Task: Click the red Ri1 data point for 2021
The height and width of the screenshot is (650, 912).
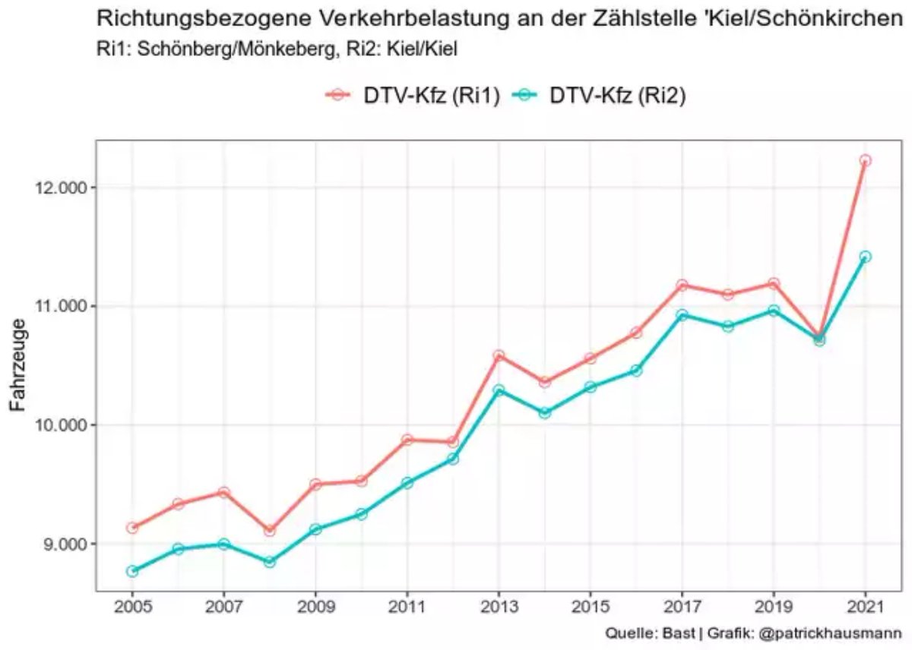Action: point(865,160)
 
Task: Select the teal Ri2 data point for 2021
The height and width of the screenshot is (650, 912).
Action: point(865,257)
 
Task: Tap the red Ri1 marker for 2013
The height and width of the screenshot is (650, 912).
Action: point(499,355)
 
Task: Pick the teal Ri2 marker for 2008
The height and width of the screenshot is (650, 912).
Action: point(269,562)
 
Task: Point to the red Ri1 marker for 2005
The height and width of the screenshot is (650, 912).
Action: point(132,527)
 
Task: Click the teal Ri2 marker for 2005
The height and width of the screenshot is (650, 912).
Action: point(132,571)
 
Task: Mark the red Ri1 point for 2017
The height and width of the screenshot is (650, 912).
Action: point(682,285)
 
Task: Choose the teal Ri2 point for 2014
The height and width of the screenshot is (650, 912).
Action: point(544,412)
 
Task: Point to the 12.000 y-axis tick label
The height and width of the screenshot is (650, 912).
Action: point(59,187)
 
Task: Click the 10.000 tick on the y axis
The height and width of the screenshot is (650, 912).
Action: point(59,425)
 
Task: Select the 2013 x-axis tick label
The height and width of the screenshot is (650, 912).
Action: point(499,607)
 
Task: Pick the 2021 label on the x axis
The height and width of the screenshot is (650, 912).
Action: point(865,607)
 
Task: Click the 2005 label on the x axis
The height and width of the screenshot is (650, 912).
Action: point(132,607)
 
